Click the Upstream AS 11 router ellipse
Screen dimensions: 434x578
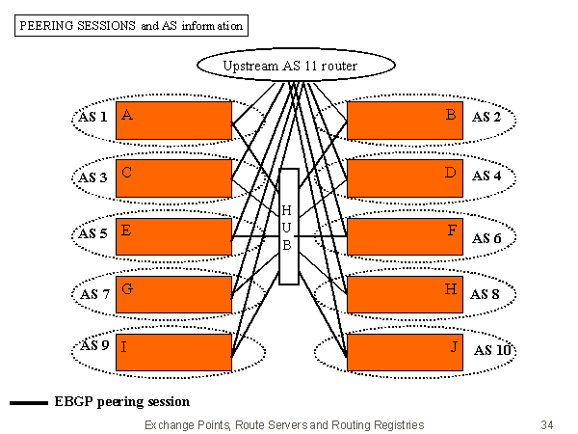click(x=296, y=66)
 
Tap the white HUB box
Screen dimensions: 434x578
click(x=288, y=226)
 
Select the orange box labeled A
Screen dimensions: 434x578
click(x=173, y=120)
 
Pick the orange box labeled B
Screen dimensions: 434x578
click(x=404, y=120)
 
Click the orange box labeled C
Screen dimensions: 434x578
click(x=173, y=177)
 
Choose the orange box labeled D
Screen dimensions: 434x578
click(x=404, y=177)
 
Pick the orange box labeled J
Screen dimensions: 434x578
click(x=404, y=351)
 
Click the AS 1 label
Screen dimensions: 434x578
click(x=93, y=118)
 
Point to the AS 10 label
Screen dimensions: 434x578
click(x=492, y=349)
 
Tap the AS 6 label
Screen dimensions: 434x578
click(x=486, y=238)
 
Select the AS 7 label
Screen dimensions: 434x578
click(x=95, y=292)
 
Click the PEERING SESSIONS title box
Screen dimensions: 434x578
click(x=130, y=26)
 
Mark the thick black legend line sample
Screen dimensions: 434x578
click(x=29, y=403)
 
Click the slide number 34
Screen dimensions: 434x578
click(x=547, y=424)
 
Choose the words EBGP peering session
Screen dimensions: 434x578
click(x=122, y=401)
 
